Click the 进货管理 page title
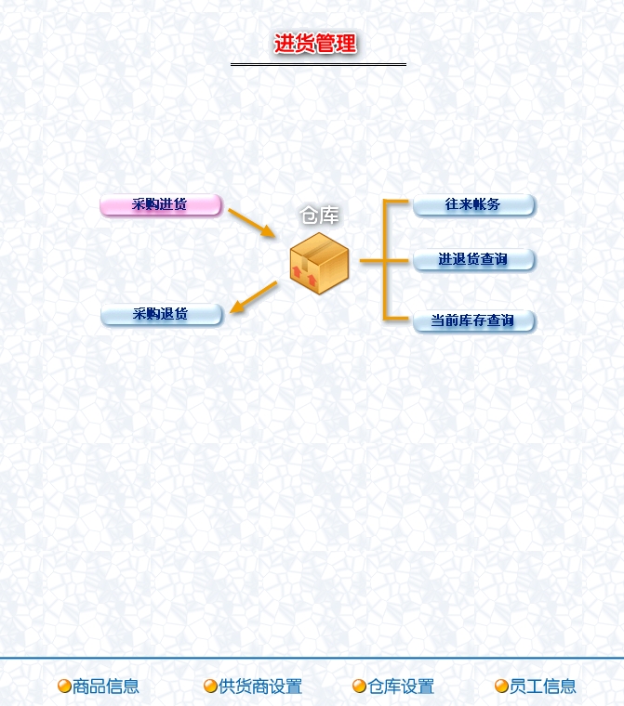click(x=315, y=44)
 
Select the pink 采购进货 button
click(x=160, y=204)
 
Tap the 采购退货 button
click(x=161, y=314)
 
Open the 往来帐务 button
click(x=473, y=204)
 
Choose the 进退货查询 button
click(x=473, y=259)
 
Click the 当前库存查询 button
click(x=473, y=320)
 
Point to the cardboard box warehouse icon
click(x=319, y=264)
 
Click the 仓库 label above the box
click(x=319, y=216)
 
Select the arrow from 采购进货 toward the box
click(x=251, y=223)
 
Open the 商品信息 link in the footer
click(x=106, y=686)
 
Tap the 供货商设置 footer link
click(x=260, y=686)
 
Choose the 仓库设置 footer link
click(x=401, y=686)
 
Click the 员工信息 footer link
click(x=543, y=686)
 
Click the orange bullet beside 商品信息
click(x=64, y=686)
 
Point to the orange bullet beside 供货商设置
click(x=210, y=686)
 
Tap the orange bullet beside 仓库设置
click(x=359, y=686)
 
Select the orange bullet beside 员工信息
click(x=501, y=686)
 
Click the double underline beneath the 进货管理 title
click(x=318, y=64)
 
